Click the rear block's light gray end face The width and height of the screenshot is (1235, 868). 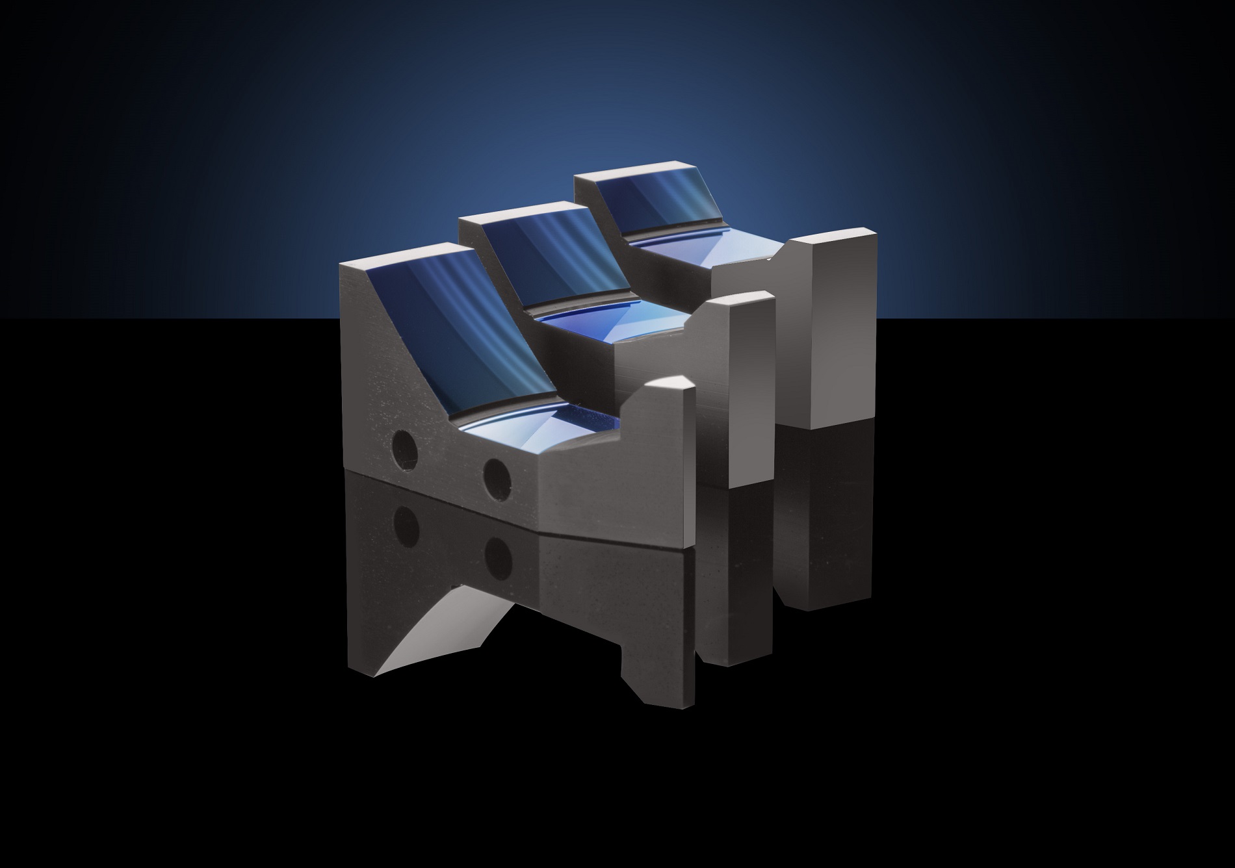(842, 331)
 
